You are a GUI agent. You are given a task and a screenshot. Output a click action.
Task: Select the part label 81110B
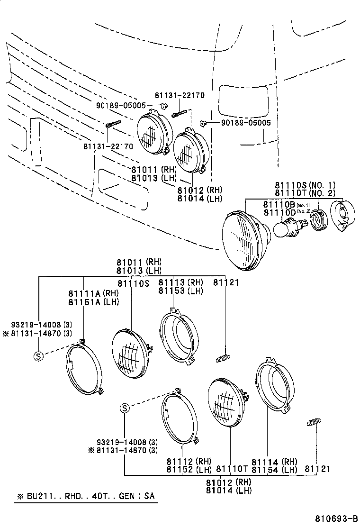pyautogui.click(x=279, y=204)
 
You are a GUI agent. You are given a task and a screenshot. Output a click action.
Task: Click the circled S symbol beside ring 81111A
pyautogui.click(x=38, y=357)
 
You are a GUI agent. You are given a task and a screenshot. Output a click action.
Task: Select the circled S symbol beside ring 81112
pyautogui.click(x=124, y=408)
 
